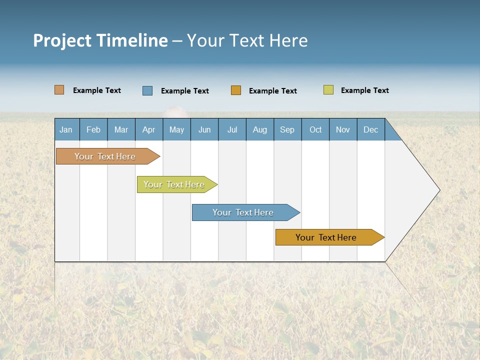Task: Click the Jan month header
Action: tap(66, 129)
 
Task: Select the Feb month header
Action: tap(93, 129)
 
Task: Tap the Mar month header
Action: tap(121, 129)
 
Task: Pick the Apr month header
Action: tap(149, 129)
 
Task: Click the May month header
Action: tap(176, 129)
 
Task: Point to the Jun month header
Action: tap(204, 129)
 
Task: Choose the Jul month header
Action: tap(232, 129)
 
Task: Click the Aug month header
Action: tap(260, 129)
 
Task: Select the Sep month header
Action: tap(287, 129)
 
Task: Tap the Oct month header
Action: tap(315, 129)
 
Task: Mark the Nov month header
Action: tap(343, 129)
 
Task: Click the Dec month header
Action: tap(371, 129)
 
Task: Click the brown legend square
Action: tap(59, 90)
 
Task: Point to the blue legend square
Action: tap(147, 90)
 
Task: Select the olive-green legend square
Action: tap(328, 90)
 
